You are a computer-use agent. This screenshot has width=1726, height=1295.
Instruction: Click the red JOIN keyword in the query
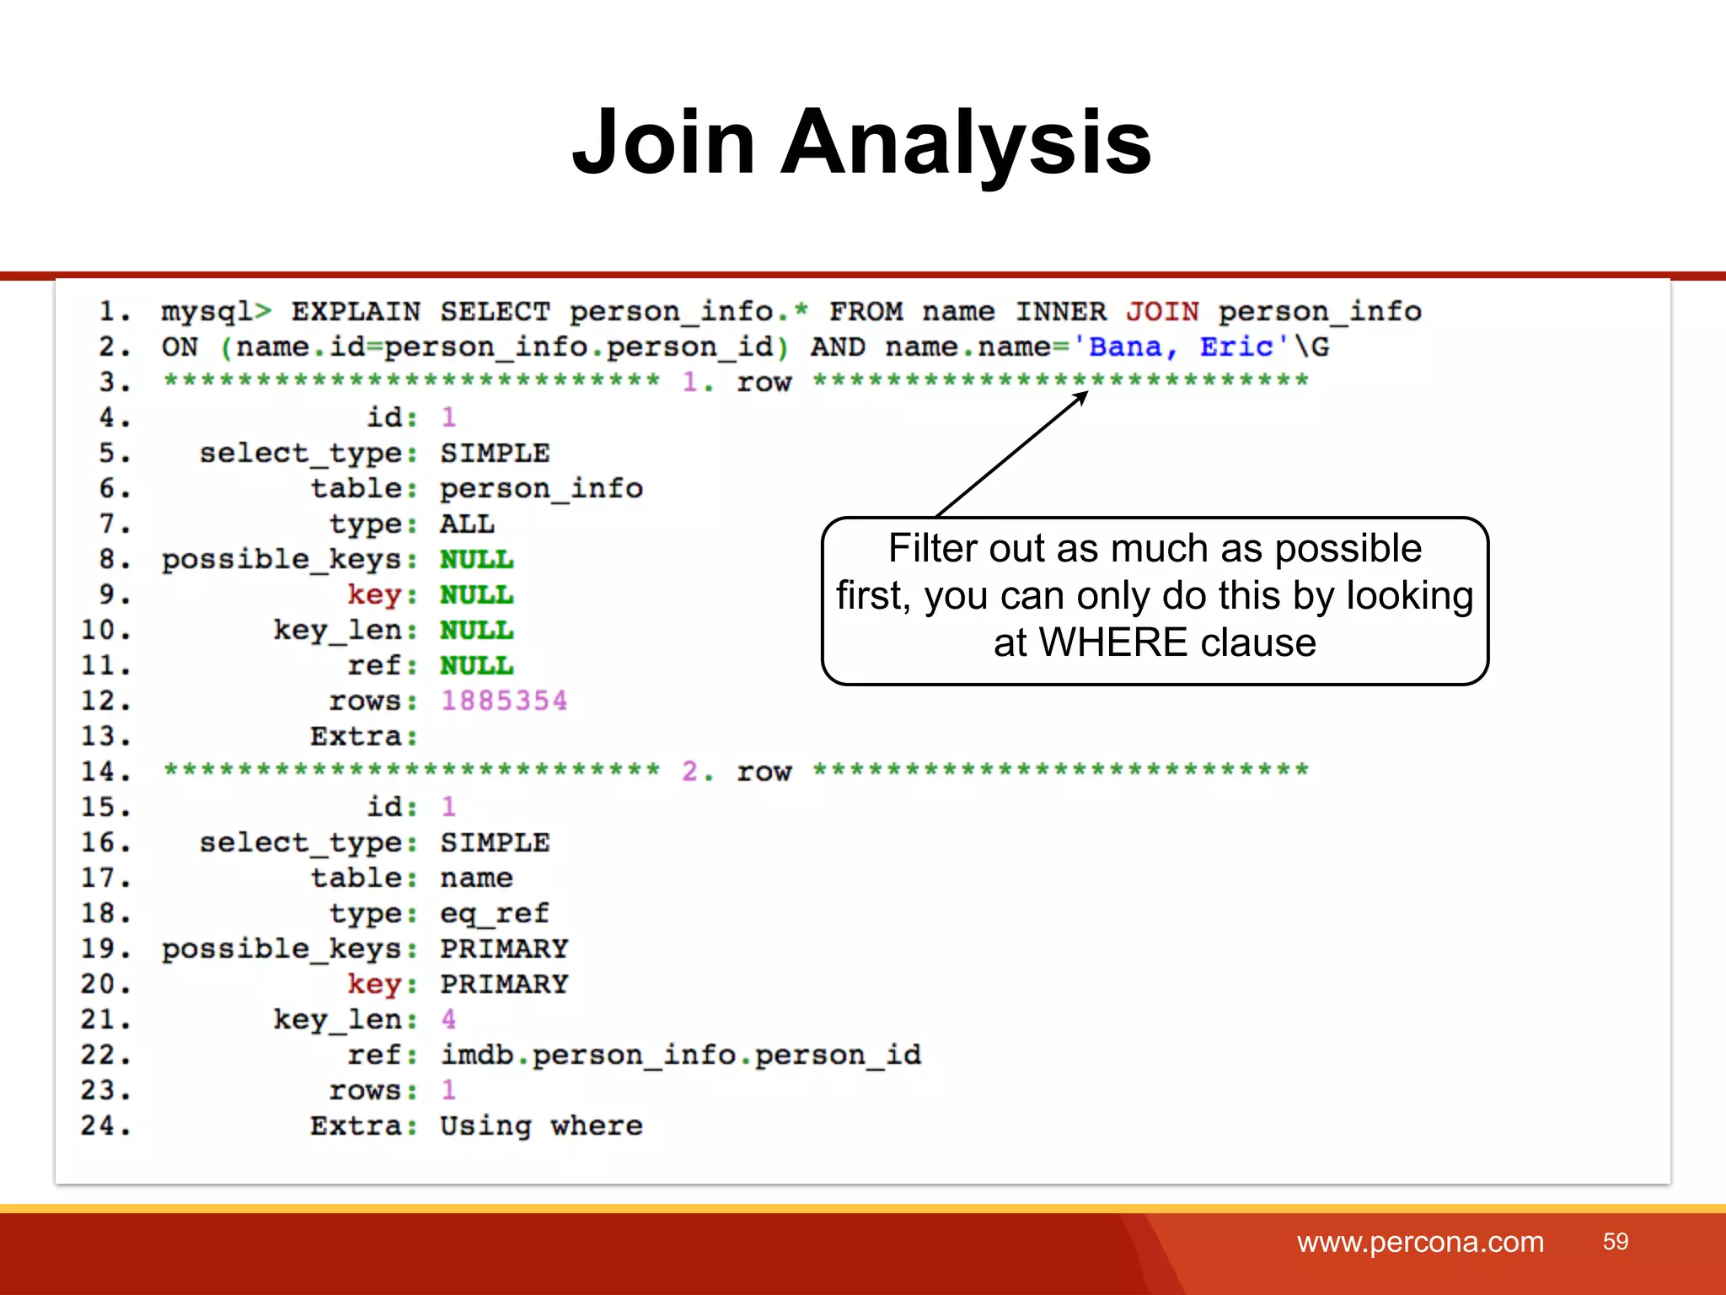point(1162,311)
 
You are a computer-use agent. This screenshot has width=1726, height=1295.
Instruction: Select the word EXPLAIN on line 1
point(356,311)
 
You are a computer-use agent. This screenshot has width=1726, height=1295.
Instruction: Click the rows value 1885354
point(504,701)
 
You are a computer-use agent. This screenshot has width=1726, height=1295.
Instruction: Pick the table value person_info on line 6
point(541,488)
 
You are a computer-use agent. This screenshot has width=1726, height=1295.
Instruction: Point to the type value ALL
point(467,524)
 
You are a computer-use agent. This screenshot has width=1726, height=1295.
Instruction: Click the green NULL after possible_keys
point(476,559)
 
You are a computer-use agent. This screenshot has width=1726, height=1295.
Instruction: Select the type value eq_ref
point(494,913)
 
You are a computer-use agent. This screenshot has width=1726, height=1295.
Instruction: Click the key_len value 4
point(448,1019)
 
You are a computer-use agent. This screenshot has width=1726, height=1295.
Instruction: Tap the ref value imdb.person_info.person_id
point(680,1055)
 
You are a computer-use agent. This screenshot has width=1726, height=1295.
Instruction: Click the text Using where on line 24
point(541,1126)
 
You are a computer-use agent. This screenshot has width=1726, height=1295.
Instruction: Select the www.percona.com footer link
point(1420,1242)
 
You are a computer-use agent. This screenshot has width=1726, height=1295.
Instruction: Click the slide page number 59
point(1615,1242)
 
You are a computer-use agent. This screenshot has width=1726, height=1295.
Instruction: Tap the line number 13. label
point(106,736)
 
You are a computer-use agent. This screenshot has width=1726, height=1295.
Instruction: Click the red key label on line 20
point(374,984)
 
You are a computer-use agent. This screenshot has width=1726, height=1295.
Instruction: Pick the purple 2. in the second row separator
point(697,771)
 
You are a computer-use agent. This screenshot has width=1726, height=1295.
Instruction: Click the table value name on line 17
point(476,878)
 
